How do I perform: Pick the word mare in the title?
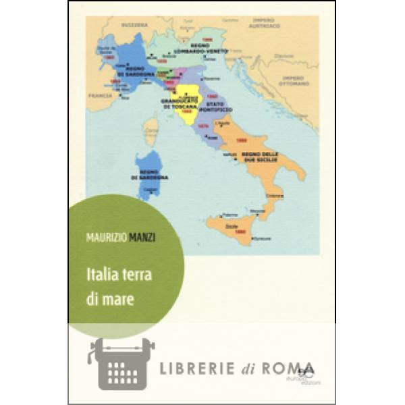[121, 300]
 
